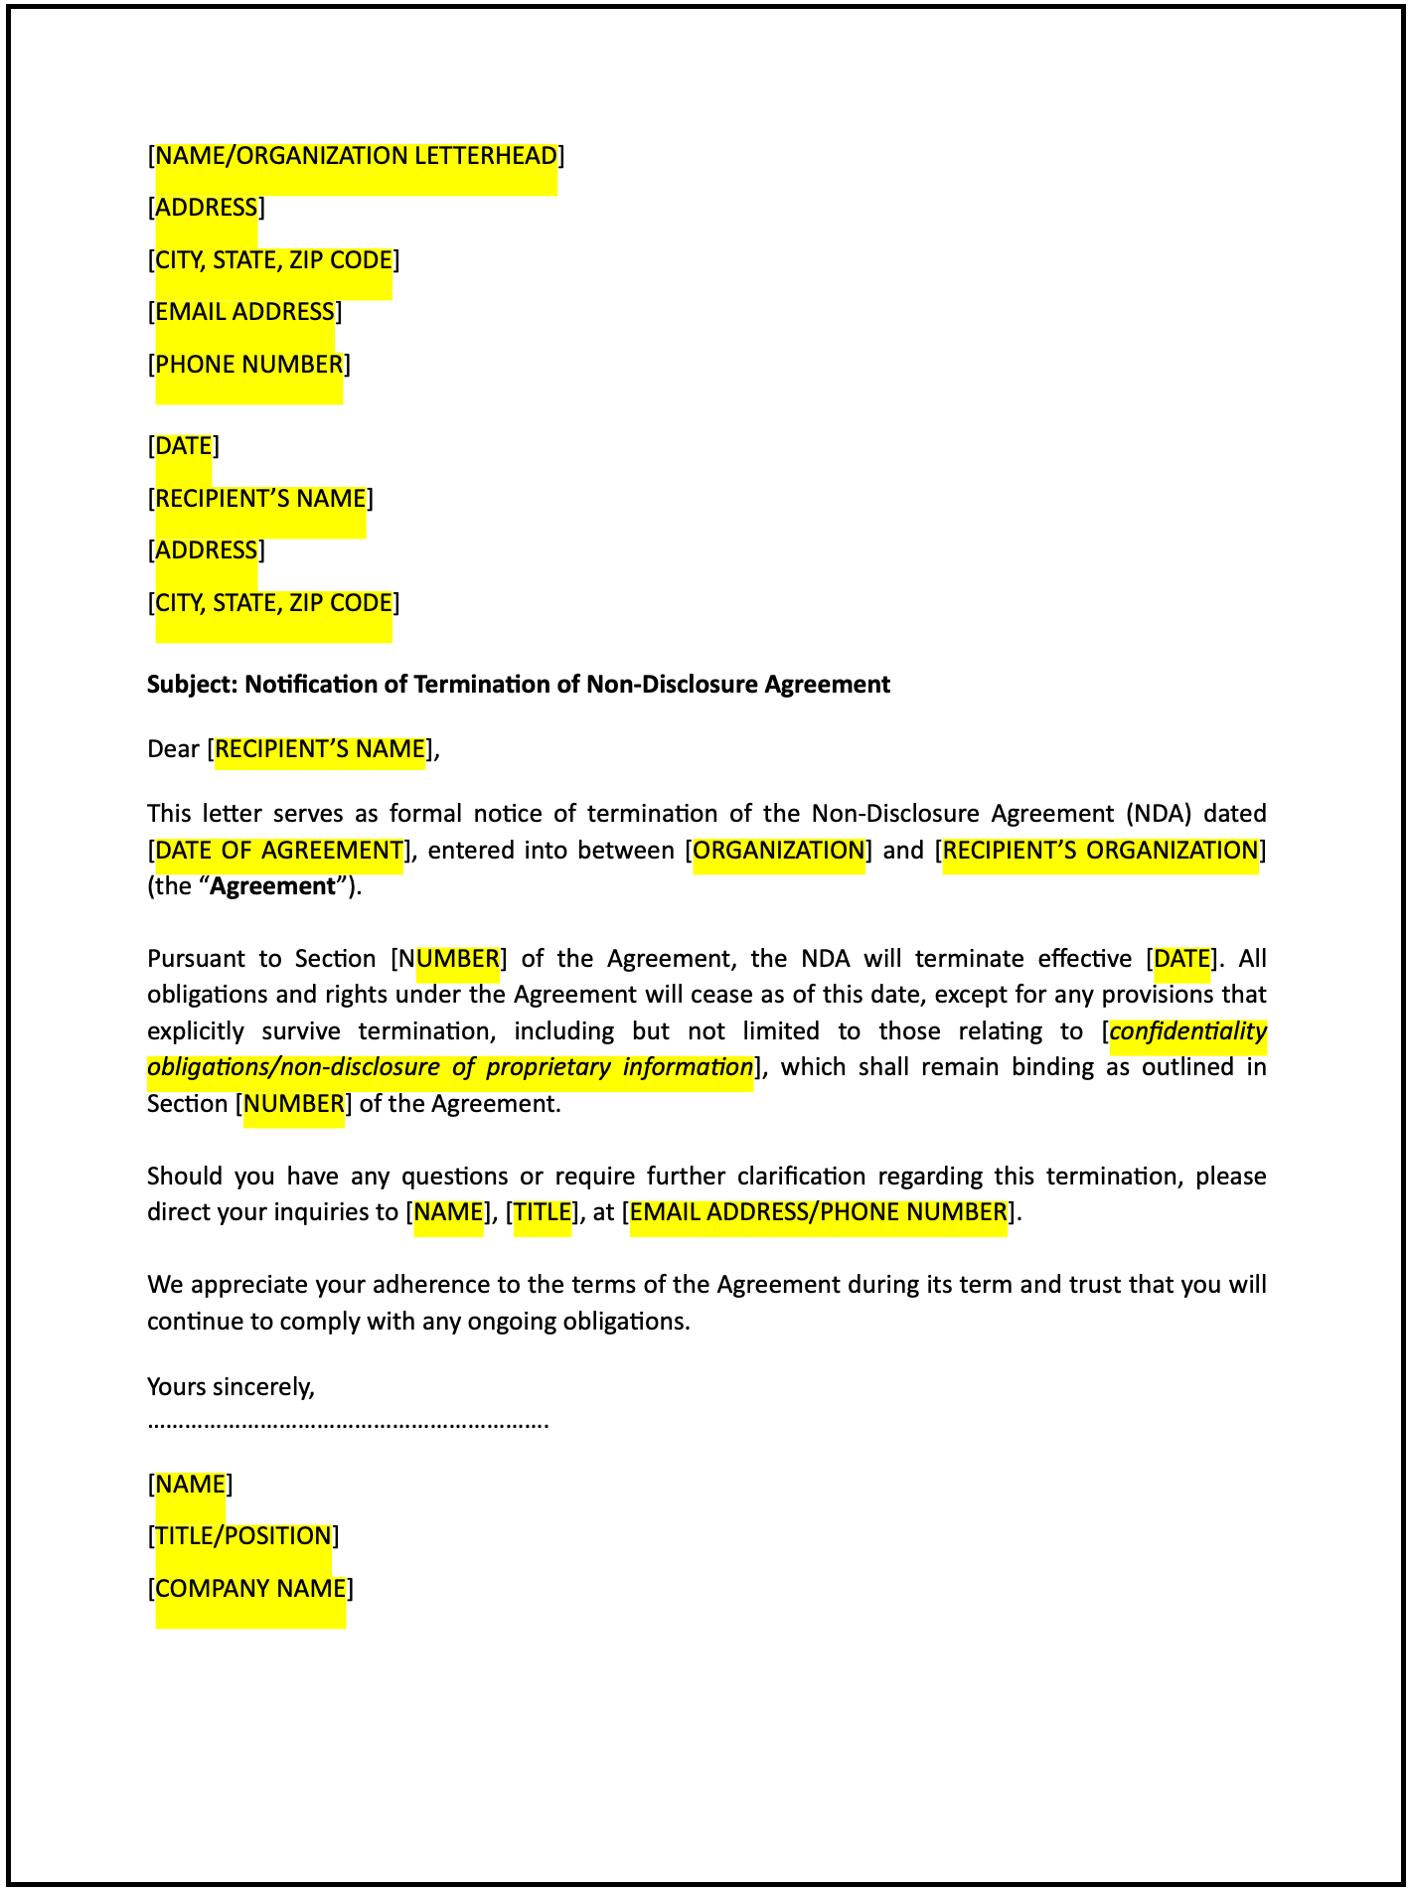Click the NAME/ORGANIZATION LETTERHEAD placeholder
coord(356,156)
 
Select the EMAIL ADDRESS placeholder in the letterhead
coord(245,312)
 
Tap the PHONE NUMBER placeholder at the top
coord(249,365)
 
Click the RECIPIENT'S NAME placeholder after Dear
coord(320,749)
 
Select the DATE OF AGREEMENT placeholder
coord(279,851)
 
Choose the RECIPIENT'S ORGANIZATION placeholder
coord(1100,851)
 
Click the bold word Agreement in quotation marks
coord(273,886)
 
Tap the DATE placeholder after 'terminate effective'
coord(1181,959)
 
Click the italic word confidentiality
coord(1187,1031)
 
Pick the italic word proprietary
coord(548,1067)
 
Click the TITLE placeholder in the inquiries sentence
coord(543,1212)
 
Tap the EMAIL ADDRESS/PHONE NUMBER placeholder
coord(819,1212)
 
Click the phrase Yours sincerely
coord(231,1386)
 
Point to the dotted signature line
coord(348,1424)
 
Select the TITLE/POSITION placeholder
coord(243,1536)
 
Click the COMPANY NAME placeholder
coord(250,1589)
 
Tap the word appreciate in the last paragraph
coord(249,1285)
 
